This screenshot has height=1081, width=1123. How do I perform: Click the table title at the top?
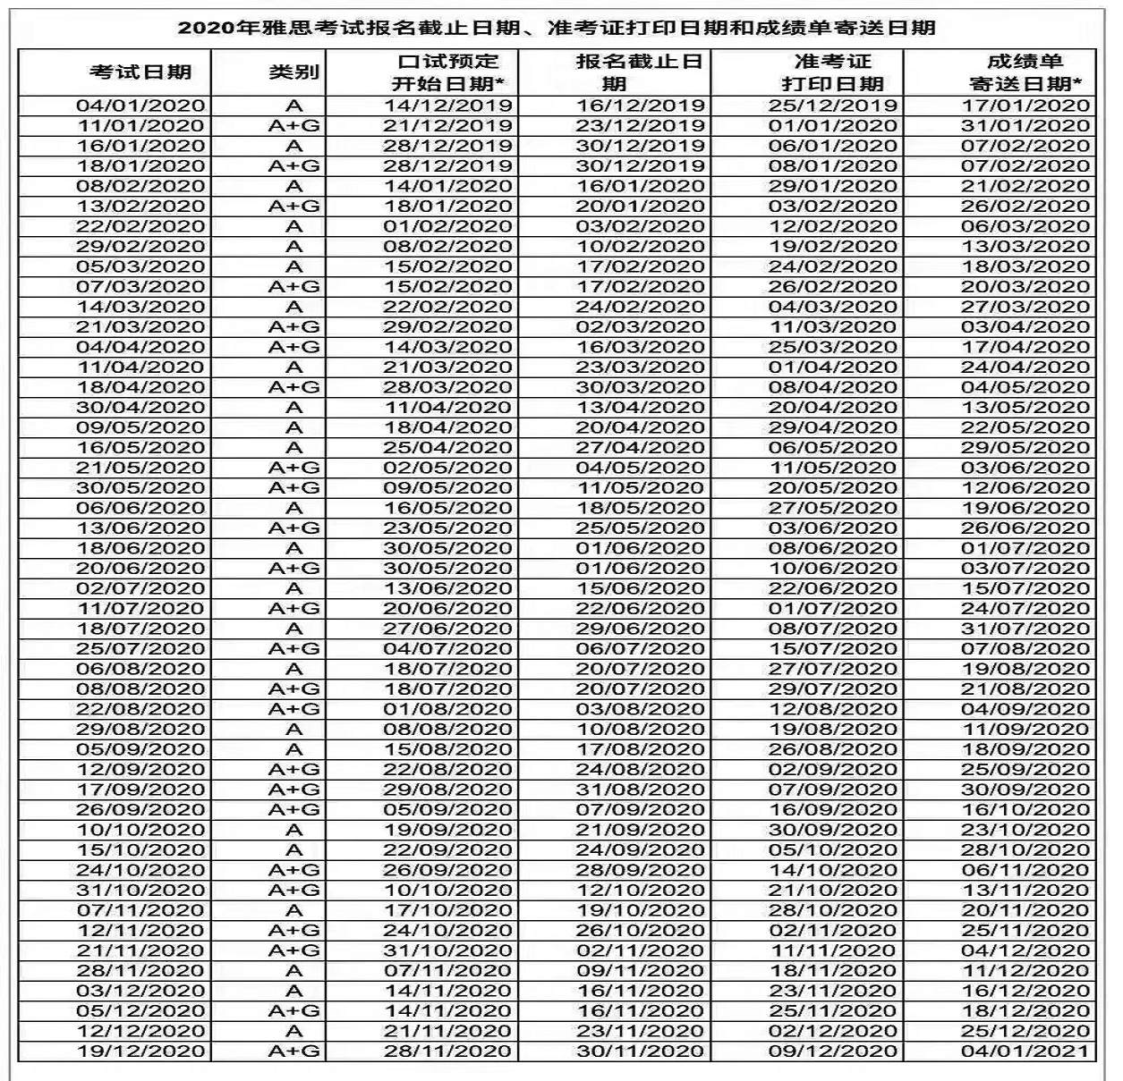557,27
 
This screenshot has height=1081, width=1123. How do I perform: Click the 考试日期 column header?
140,72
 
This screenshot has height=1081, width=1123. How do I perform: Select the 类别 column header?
294,72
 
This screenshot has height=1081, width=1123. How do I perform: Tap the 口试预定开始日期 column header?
447,72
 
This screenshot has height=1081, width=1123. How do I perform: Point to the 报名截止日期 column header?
639,72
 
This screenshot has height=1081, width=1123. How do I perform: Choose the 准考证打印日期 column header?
832,72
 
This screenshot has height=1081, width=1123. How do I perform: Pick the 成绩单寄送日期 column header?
1025,72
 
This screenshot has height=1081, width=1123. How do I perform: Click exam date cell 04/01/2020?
140,106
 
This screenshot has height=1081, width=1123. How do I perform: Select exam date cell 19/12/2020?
140,1051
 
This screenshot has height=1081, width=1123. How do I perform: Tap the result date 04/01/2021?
1025,1051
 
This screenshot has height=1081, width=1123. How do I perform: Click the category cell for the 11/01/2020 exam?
294,126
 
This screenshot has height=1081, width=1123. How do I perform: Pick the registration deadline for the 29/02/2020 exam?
639,247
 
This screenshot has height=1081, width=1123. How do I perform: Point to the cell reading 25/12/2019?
832,106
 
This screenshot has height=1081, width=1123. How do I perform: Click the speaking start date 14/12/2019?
447,106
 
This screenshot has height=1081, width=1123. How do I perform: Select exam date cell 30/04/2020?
140,408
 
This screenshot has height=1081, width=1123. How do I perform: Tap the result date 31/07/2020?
1025,629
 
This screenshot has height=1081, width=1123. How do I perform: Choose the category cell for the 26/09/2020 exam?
294,810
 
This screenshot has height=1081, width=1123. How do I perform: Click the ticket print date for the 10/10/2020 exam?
832,830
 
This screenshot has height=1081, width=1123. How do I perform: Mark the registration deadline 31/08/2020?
639,790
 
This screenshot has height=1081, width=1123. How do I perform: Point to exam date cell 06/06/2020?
140,508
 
